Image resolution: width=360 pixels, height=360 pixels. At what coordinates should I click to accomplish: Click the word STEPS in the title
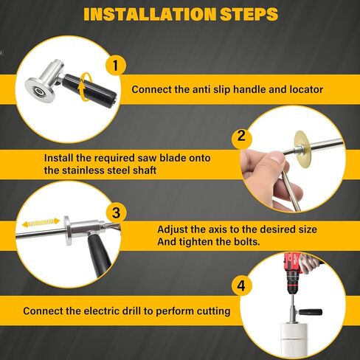246,14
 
